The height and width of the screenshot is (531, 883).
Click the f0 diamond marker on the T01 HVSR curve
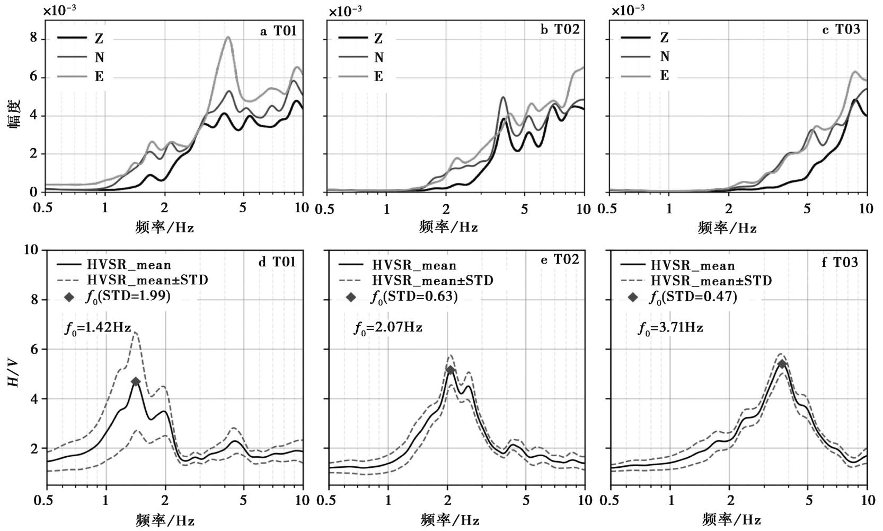point(136,381)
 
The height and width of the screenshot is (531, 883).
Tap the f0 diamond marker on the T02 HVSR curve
point(450,370)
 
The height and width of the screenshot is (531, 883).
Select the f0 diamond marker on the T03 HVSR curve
point(782,364)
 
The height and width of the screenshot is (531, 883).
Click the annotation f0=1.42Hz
point(98,327)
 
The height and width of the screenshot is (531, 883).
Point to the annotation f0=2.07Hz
point(388,327)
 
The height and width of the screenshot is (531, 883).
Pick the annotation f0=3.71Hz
point(670,328)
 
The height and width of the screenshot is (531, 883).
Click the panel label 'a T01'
point(278,31)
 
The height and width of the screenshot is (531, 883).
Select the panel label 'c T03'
point(841,29)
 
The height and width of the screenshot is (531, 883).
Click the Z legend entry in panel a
point(81,38)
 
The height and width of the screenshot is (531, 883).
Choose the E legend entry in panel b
point(361,76)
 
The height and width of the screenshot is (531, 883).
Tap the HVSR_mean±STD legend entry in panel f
point(696,281)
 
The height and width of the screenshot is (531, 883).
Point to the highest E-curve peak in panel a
point(228,37)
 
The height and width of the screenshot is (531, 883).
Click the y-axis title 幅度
point(14,115)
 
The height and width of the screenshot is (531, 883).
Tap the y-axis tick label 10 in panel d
point(31,250)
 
